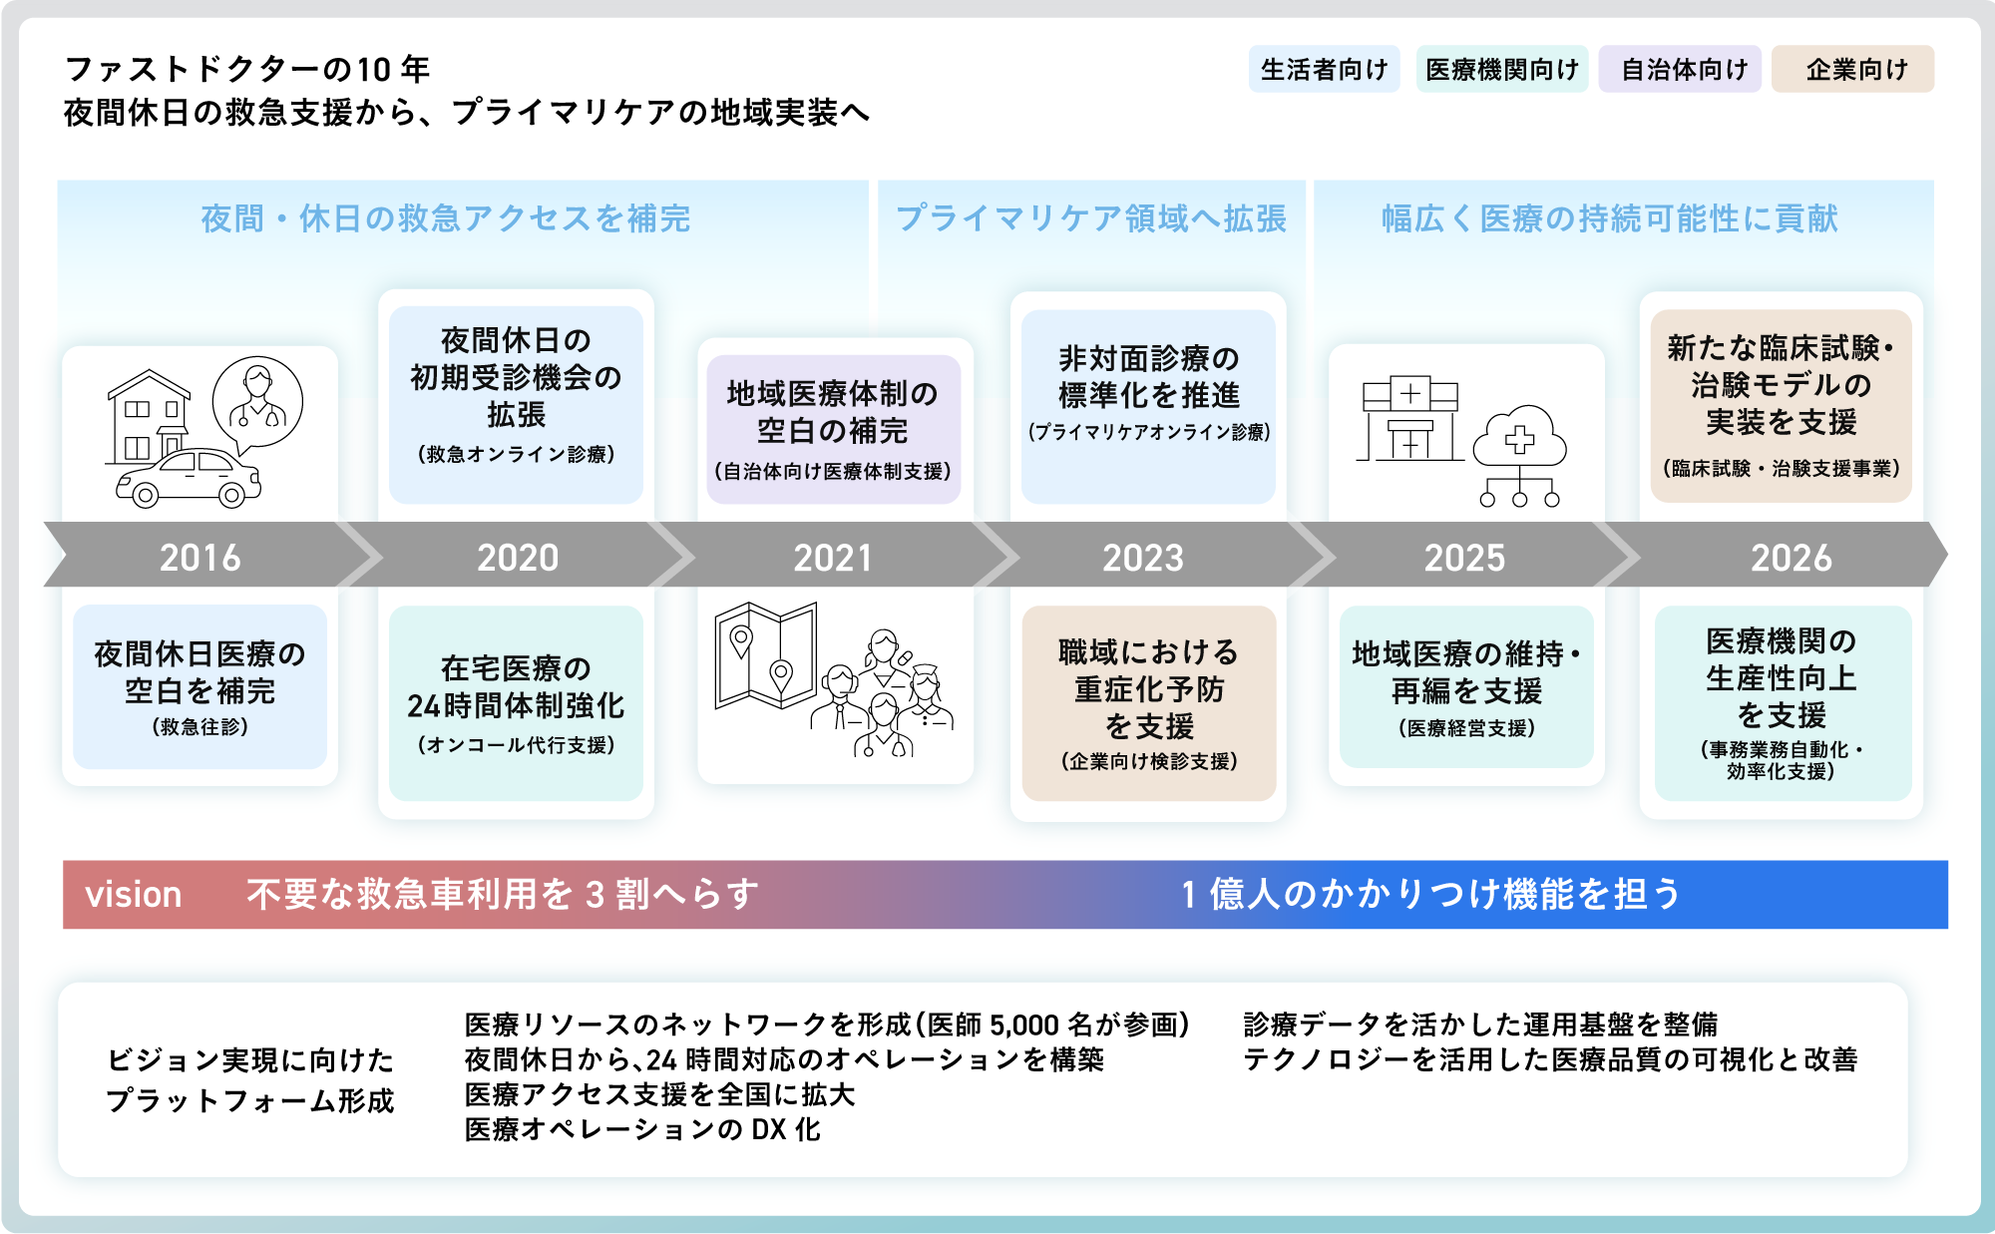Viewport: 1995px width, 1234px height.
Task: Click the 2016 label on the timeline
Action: [200, 557]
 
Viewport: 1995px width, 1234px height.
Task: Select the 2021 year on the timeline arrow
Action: [833, 557]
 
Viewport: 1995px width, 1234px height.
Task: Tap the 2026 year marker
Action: [1792, 557]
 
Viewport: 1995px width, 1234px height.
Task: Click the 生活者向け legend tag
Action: [1324, 70]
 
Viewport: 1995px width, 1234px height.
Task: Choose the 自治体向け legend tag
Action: [1684, 70]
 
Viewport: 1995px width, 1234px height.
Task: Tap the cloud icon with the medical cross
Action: [1519, 439]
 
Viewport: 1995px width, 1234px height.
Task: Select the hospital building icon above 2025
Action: [1409, 419]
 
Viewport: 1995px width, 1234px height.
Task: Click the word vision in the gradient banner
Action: [134, 895]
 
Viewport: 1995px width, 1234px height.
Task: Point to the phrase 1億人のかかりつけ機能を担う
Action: [1430, 895]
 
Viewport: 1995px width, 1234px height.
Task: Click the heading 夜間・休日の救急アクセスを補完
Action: [446, 218]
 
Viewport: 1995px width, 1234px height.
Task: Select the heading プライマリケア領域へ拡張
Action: [1091, 218]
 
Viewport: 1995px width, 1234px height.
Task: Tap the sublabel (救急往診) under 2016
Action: [200, 727]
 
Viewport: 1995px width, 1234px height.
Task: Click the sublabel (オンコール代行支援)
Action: [516, 745]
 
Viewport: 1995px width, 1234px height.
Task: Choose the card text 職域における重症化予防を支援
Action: [1149, 688]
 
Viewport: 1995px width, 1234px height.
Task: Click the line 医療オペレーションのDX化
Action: [642, 1129]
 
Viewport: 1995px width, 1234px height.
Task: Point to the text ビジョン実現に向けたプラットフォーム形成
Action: [250, 1080]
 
